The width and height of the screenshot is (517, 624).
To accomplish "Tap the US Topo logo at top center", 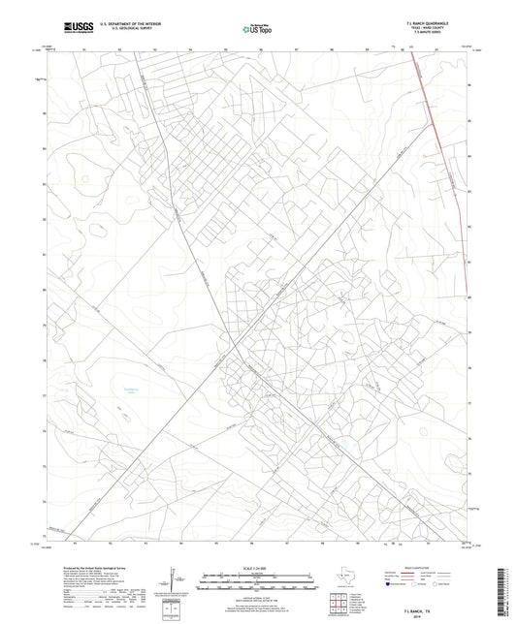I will coord(257,30).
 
